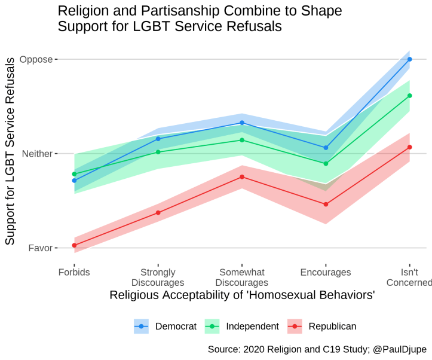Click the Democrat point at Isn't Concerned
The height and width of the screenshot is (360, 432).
[x=409, y=59]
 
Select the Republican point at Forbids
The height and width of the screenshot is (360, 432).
[x=74, y=245]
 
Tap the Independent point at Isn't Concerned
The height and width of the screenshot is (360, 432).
[x=409, y=96]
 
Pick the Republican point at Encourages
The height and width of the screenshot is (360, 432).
[x=326, y=205]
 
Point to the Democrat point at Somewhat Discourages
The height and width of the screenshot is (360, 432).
[x=242, y=123]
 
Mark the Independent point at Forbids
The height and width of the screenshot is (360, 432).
[x=74, y=174]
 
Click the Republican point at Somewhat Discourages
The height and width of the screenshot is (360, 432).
[x=242, y=177]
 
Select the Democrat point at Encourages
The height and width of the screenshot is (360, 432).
[x=326, y=148]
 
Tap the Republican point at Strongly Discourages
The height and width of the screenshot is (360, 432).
[x=158, y=213]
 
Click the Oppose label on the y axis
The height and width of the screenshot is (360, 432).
[x=36, y=60]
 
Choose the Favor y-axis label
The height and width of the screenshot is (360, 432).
[x=40, y=248]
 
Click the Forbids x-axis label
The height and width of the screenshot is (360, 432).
[x=74, y=273]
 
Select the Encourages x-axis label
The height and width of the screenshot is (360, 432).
[x=326, y=273]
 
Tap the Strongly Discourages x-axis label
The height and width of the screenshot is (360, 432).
[x=158, y=277]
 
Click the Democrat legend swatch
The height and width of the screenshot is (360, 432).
[x=142, y=326]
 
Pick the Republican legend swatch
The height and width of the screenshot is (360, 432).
[x=296, y=326]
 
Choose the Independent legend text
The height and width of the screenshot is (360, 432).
[x=252, y=327]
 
